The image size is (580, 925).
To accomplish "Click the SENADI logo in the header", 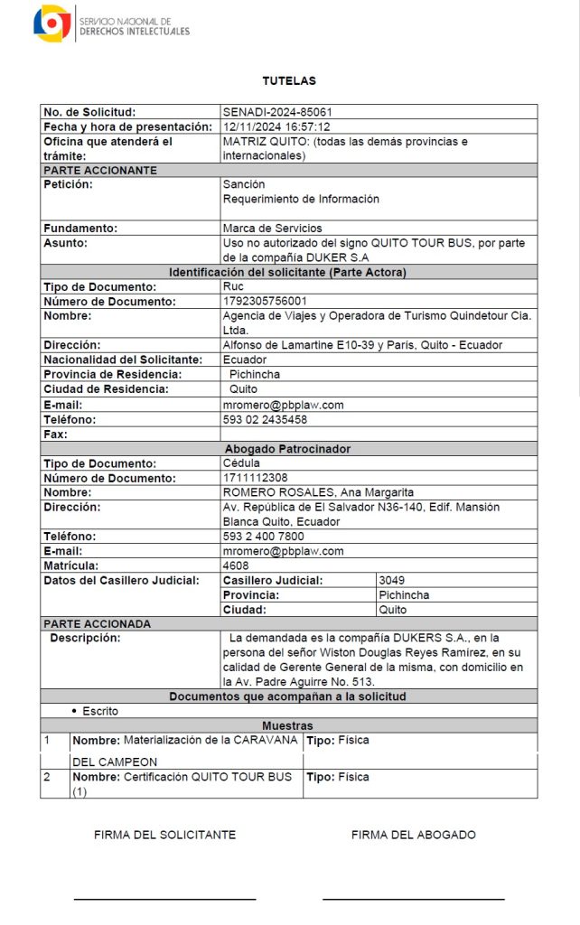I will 51,23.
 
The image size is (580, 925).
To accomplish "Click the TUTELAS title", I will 289,81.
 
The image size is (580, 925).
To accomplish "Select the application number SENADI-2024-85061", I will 271,112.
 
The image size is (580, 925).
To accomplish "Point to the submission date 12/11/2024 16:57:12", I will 276,127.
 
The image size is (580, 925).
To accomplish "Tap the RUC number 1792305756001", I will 265,302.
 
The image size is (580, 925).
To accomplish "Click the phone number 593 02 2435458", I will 265,420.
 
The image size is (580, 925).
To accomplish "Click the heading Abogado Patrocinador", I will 288,449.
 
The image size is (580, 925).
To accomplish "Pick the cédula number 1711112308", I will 255,478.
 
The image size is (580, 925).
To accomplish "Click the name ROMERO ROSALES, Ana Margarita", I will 318,492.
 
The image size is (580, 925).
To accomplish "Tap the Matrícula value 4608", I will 236,565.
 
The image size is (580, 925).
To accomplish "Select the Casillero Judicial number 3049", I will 392,580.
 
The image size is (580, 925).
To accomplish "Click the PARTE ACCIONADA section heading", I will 98,624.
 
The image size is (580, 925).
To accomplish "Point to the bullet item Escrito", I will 99,712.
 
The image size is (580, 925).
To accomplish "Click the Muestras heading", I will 288,725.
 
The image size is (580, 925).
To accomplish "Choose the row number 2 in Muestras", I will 47,777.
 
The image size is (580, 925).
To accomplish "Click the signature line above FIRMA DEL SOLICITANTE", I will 164,899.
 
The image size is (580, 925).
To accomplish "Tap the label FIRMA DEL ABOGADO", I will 413,835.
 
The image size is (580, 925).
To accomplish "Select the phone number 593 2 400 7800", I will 263,537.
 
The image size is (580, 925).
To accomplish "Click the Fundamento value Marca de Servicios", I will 272,229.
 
